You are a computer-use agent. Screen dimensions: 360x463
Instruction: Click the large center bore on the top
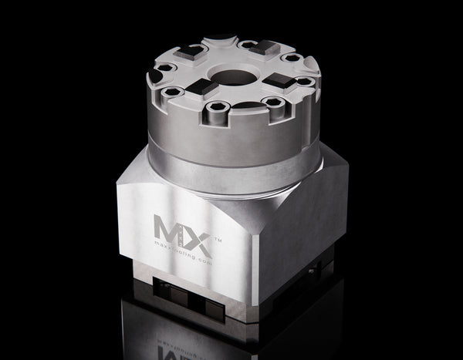(x=235, y=76)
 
